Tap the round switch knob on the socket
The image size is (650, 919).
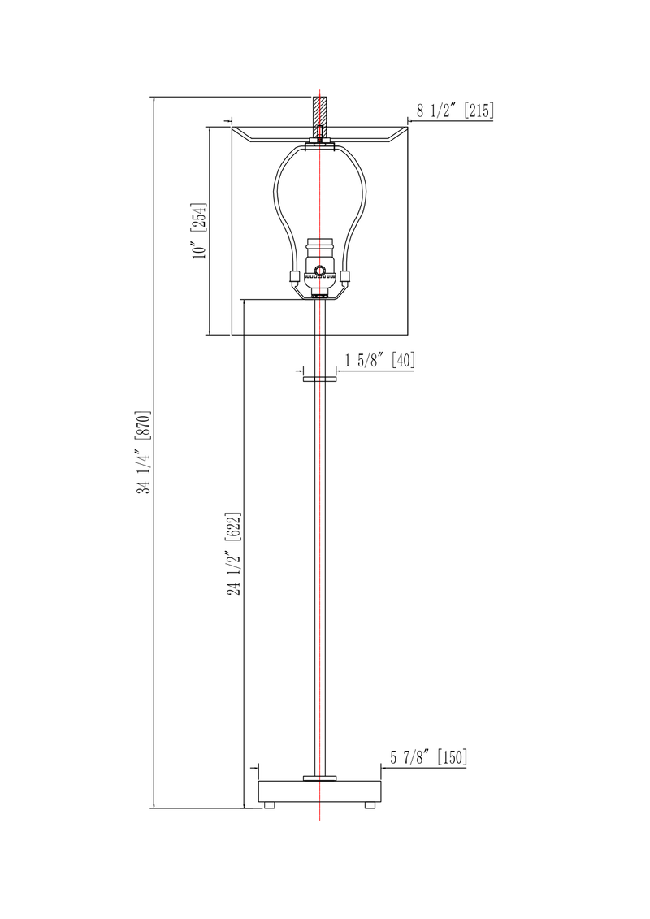click(320, 270)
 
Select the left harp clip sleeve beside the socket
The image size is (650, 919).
click(293, 276)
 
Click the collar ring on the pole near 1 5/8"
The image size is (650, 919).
click(320, 379)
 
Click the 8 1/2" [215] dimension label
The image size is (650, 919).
click(455, 111)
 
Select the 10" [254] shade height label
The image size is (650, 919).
click(200, 231)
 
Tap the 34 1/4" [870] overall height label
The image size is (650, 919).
click(145, 453)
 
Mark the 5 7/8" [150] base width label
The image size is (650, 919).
click(428, 757)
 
